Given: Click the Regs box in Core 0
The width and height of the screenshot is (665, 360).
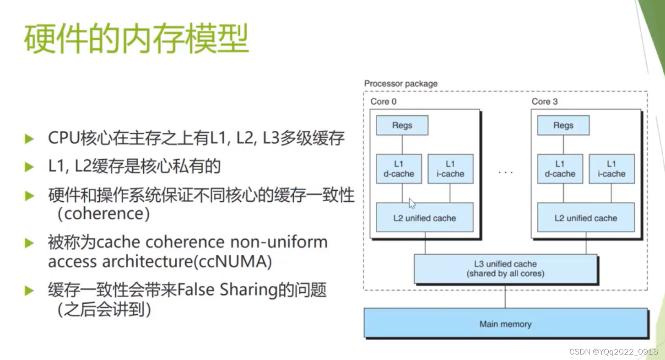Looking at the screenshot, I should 402,125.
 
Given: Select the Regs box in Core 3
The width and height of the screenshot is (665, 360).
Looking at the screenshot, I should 563,125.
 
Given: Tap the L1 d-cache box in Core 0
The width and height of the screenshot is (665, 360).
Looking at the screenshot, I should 399,169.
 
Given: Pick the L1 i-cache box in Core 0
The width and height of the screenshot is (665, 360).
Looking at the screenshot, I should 450,169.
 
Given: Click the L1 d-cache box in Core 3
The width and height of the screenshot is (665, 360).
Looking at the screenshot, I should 560,169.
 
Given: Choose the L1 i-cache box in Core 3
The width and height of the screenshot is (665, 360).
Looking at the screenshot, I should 611,169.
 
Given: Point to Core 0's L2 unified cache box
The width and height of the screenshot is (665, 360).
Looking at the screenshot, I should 424,218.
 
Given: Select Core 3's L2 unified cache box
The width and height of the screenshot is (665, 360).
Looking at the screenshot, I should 585,218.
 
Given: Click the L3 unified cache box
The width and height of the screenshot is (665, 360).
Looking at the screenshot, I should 505,269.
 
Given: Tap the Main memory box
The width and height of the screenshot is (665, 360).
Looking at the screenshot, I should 505,324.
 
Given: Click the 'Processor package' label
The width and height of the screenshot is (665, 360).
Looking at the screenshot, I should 400,84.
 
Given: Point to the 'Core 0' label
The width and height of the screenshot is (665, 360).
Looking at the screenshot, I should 383,102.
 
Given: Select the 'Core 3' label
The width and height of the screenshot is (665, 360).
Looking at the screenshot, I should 544,102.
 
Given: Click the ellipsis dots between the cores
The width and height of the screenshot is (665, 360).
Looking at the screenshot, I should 505,172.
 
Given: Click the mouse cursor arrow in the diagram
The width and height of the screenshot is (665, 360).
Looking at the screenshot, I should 412,204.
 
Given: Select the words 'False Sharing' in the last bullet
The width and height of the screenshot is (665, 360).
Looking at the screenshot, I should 227,290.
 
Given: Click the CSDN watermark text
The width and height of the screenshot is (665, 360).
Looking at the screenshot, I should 613,351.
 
